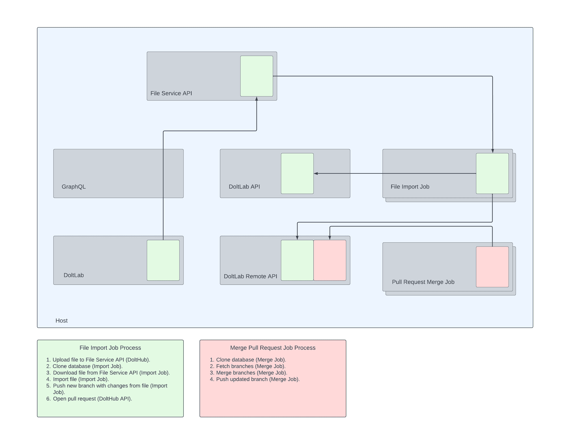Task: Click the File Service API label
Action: (171, 93)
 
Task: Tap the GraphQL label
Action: (74, 187)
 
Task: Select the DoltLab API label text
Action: (244, 187)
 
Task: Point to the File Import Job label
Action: (410, 187)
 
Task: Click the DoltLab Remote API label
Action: (250, 276)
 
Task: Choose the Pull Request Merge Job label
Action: (423, 282)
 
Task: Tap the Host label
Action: (62, 321)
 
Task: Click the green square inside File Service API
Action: (257, 76)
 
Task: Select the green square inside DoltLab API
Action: (297, 174)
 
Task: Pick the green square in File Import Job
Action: (492, 174)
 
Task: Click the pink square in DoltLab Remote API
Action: (330, 260)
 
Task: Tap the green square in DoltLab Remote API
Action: (297, 260)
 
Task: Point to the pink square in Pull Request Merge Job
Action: (492, 267)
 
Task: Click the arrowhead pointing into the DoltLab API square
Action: (316, 174)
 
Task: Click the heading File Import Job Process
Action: (110, 348)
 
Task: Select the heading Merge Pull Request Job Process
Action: (273, 348)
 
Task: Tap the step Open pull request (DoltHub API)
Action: (92, 399)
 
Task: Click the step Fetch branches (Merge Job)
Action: (251, 366)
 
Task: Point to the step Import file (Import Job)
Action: (81, 379)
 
